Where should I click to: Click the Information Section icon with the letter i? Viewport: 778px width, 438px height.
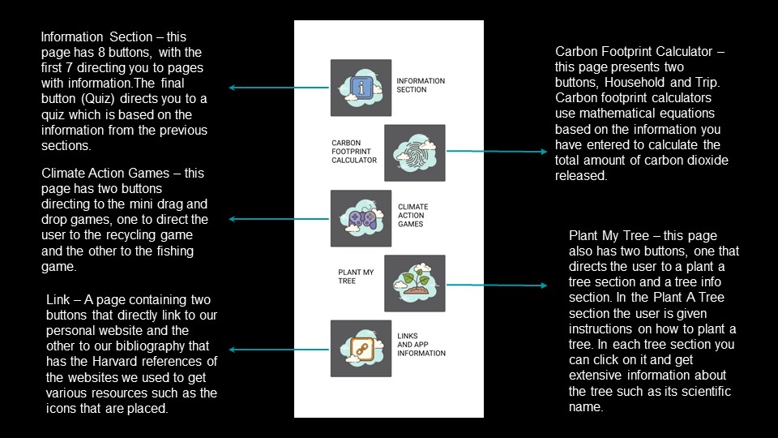[x=361, y=88]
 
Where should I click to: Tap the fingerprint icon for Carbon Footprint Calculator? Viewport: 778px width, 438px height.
[x=415, y=153]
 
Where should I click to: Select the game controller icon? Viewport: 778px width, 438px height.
[x=361, y=218]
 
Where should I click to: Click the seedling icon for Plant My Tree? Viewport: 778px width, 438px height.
[x=415, y=284]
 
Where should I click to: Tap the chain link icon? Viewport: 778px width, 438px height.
[x=361, y=349]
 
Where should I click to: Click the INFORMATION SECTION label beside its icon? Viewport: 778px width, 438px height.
[x=421, y=85]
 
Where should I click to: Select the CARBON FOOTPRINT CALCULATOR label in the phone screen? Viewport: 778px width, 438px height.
[x=354, y=152]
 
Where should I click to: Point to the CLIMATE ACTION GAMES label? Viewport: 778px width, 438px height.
[x=413, y=216]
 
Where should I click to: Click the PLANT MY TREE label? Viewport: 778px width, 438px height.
[x=356, y=277]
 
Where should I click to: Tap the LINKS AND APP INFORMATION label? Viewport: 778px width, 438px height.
[x=421, y=345]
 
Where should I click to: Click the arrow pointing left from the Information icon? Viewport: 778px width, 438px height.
[x=278, y=88]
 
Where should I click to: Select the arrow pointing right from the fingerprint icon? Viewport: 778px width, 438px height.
[x=497, y=152]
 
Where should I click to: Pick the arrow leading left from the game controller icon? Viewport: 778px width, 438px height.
[x=278, y=219]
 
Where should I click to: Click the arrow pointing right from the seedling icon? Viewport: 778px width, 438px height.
[x=497, y=285]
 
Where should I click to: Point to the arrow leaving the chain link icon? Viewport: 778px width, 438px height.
[x=278, y=350]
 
